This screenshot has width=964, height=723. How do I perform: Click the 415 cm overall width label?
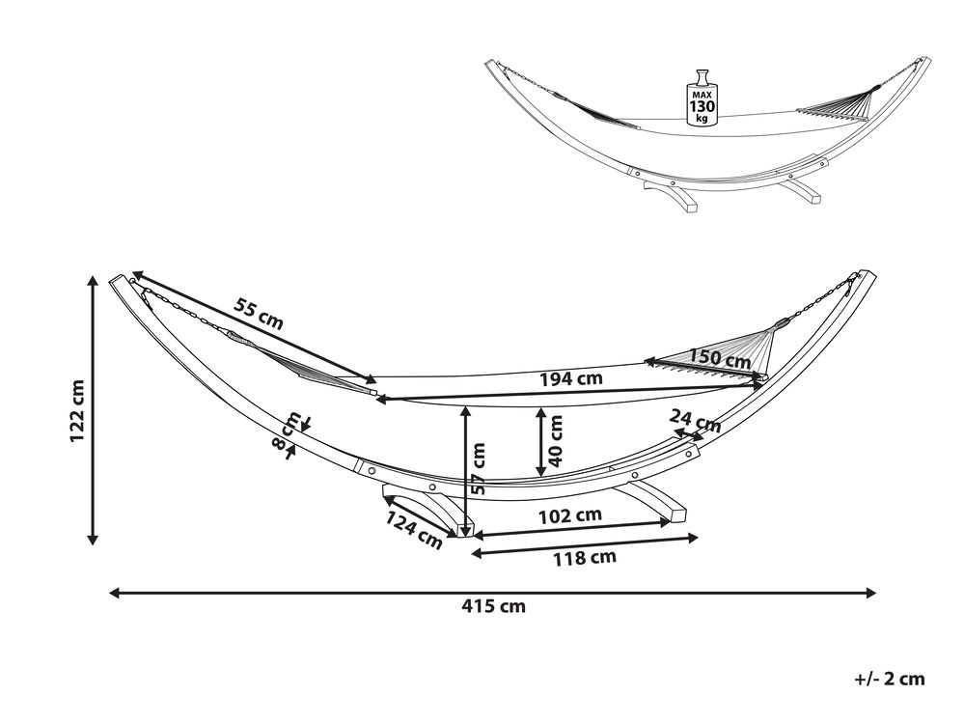pos(494,607)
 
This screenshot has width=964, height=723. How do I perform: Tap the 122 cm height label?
pos(77,410)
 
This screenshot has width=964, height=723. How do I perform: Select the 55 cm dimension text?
pos(259,314)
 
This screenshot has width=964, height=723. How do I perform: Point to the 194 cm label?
pos(570,378)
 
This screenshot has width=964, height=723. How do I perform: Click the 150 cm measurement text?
pos(719,358)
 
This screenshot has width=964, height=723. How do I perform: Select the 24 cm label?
pos(695,421)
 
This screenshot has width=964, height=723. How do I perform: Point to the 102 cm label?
pos(570,515)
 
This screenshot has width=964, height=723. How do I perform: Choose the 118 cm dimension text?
pos(584,558)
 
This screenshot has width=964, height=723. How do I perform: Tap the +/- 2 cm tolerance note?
pos(890,679)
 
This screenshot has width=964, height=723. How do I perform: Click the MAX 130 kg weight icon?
pos(701,97)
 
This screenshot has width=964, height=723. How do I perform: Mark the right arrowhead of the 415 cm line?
pos(870,593)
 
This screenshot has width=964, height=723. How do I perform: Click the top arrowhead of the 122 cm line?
pos(93,282)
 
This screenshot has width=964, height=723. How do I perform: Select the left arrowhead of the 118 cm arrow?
pos(477,553)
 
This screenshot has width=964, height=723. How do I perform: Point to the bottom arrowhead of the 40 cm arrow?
pos(541,471)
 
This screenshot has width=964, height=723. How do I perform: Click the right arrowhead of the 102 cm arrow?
pos(664,522)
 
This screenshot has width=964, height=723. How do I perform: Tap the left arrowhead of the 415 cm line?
pos(115,593)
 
